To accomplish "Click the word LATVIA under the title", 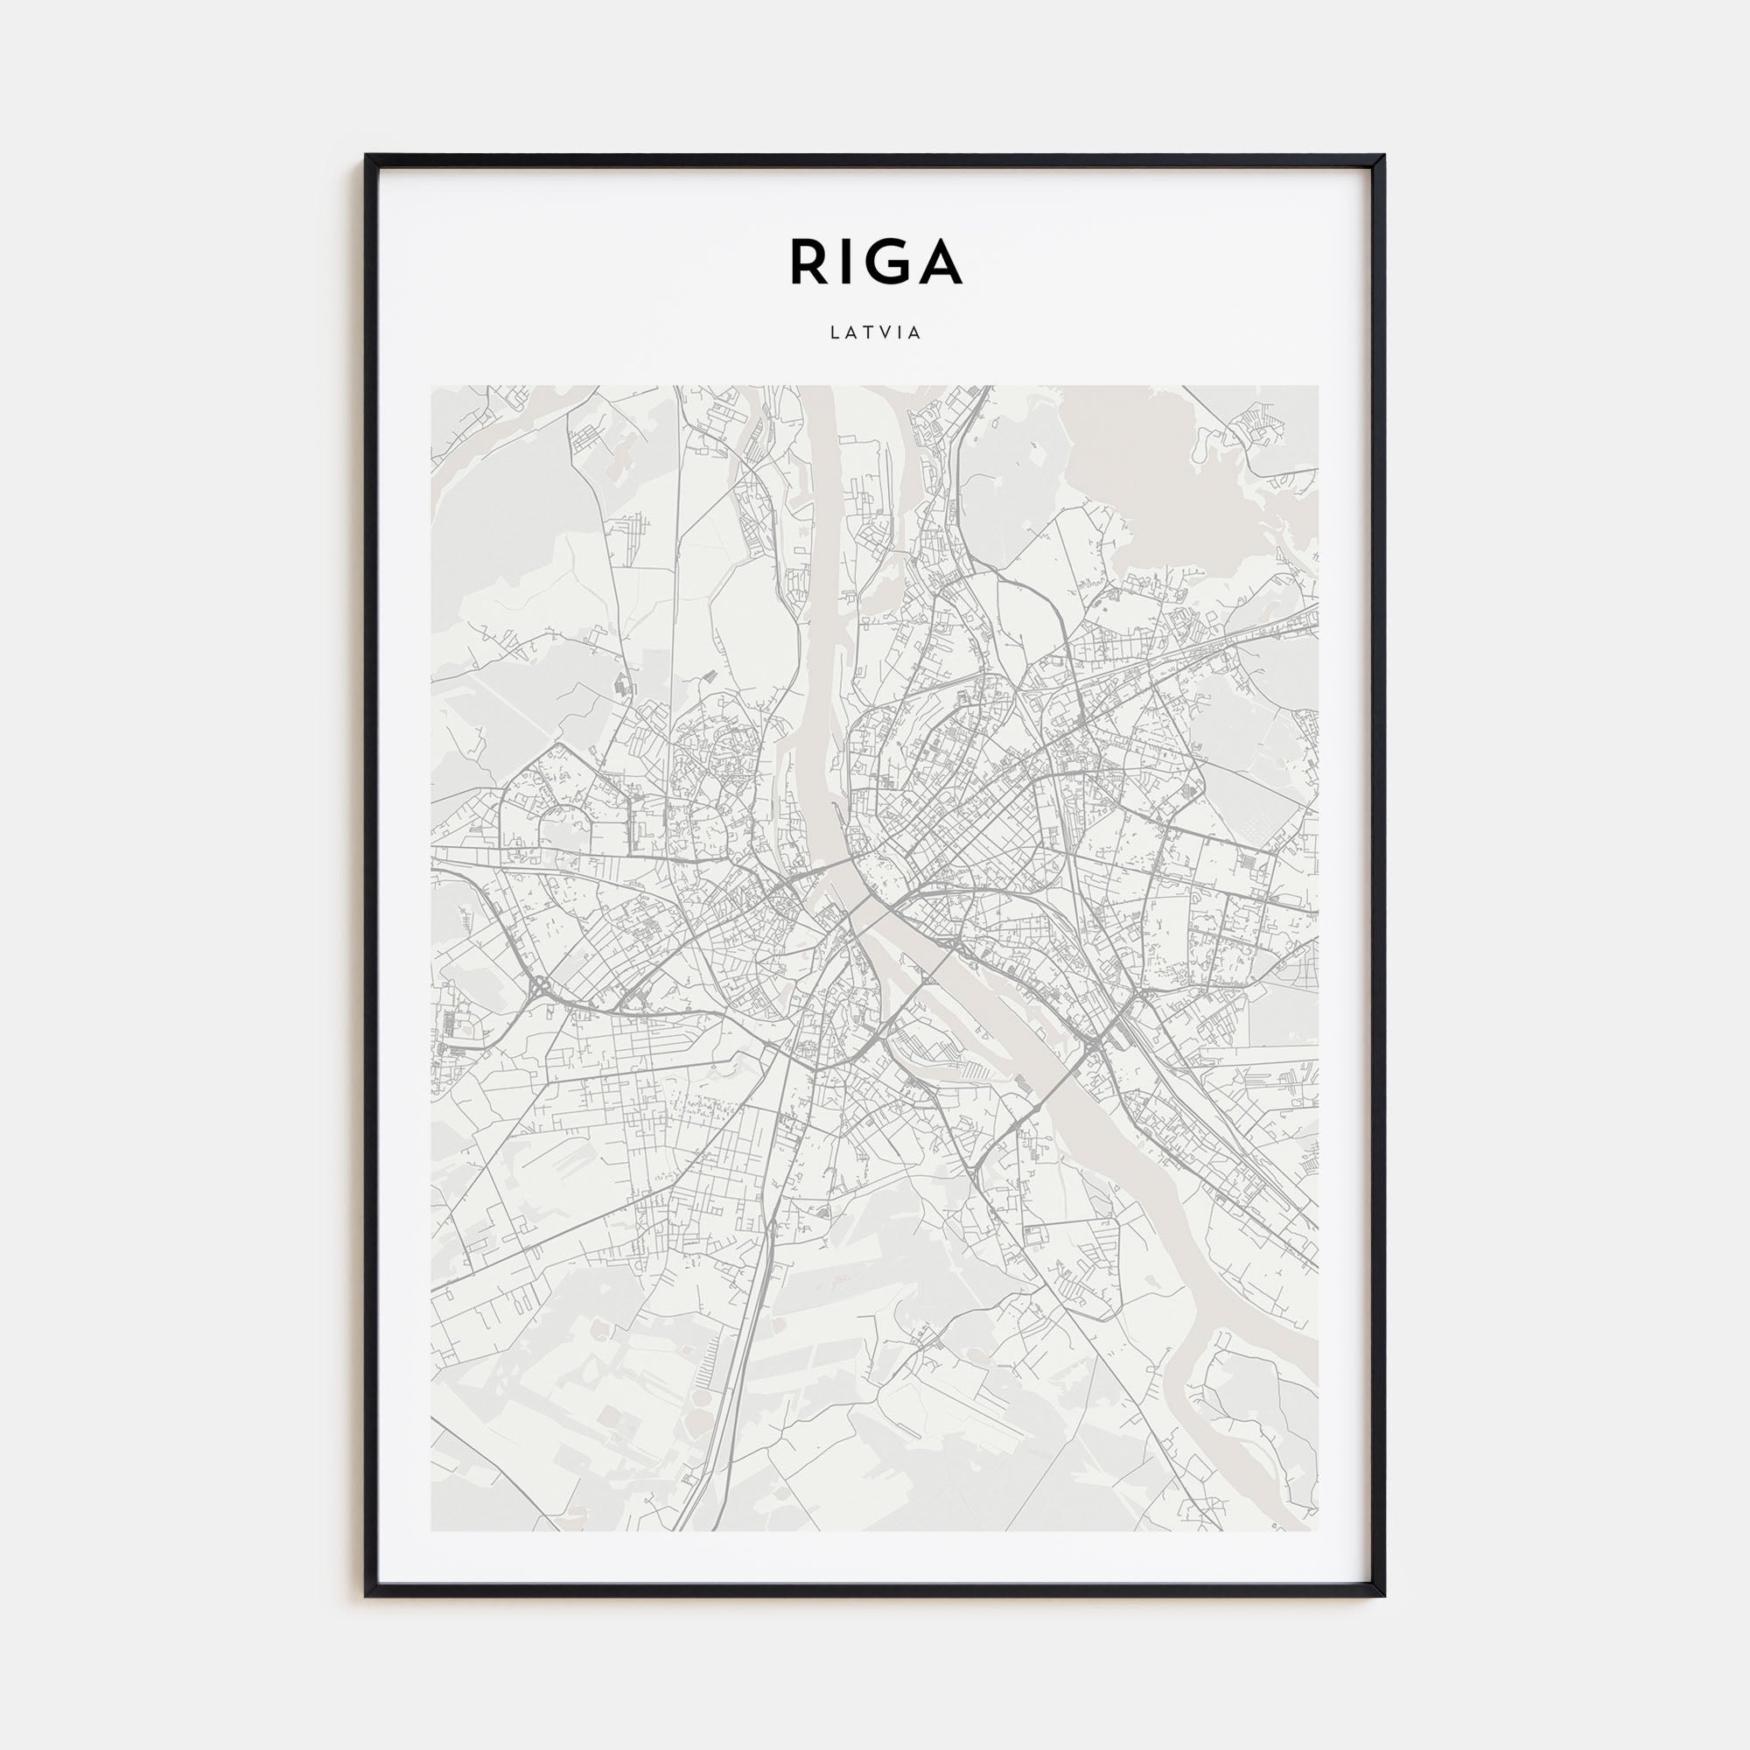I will [x=875, y=332].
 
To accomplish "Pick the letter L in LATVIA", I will [x=833, y=332].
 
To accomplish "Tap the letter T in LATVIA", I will [x=867, y=332].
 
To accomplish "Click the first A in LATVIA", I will [x=850, y=332].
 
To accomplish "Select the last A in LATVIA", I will [x=915, y=332].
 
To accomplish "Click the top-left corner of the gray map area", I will [x=431, y=387].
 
